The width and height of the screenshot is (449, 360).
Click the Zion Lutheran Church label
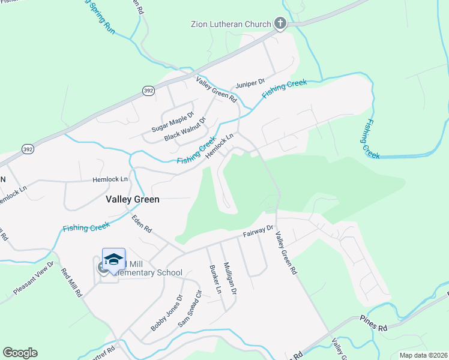tap(231, 25)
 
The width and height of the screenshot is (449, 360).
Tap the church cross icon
tap(279, 24)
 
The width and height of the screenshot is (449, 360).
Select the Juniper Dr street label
tap(250, 82)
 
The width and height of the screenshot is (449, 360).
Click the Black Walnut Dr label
tap(185, 130)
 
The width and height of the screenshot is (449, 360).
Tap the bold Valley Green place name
tap(133, 199)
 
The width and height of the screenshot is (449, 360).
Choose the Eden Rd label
tap(143, 224)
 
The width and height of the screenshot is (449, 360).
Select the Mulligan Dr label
tap(229, 278)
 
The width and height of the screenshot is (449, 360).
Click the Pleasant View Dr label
tap(34, 278)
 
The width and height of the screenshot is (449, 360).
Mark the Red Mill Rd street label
tap(71, 283)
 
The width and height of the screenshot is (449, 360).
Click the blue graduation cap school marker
tap(113, 259)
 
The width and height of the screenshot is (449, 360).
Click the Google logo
tap(20, 353)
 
